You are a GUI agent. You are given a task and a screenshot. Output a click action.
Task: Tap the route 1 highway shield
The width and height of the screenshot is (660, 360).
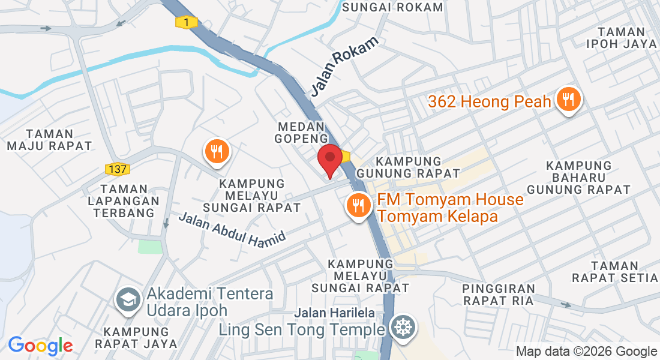pyautogui.click(x=187, y=22)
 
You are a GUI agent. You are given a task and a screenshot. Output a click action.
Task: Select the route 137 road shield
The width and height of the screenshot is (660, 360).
pyautogui.click(x=118, y=169)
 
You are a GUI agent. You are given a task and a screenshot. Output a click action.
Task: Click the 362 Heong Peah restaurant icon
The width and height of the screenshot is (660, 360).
pyautogui.click(x=567, y=99)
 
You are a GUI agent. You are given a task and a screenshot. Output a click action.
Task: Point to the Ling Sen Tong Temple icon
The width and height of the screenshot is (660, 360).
pyautogui.click(x=401, y=328)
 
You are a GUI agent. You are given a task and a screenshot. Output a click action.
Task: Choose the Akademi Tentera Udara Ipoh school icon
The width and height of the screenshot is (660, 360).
pyautogui.click(x=128, y=301)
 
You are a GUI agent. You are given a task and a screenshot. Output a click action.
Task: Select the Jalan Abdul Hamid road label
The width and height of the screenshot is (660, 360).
pyautogui.click(x=232, y=227)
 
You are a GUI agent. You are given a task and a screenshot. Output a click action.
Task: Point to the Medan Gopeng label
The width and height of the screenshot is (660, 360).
pyautogui.click(x=301, y=132)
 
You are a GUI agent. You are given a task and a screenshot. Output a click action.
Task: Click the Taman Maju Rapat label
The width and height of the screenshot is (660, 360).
pyautogui.click(x=50, y=140)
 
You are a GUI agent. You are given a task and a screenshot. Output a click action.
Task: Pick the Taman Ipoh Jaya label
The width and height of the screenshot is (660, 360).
pyautogui.click(x=621, y=37)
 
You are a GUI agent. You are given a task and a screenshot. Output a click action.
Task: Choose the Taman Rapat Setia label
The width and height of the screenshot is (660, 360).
pyautogui.click(x=615, y=272)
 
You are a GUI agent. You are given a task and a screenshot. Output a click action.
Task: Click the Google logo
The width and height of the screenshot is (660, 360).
pyautogui.click(x=41, y=346)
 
